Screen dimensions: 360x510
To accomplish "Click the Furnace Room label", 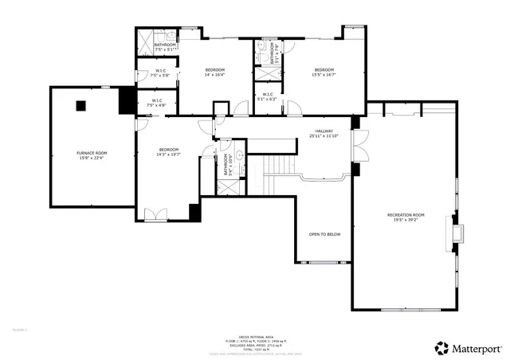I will (x=92, y=155).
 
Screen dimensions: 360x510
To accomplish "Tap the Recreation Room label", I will (x=406, y=217).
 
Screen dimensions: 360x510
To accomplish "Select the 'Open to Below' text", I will (x=324, y=234).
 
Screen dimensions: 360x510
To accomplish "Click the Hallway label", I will (x=324, y=134).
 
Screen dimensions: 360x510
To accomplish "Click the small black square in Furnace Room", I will (x=80, y=104).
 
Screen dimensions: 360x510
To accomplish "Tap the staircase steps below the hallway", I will (x=280, y=166).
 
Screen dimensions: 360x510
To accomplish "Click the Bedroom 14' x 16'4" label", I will (x=215, y=72).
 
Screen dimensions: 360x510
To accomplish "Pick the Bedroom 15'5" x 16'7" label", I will (x=324, y=72).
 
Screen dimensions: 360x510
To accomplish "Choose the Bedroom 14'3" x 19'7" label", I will (x=168, y=153).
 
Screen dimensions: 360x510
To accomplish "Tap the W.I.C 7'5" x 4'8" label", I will (x=157, y=103).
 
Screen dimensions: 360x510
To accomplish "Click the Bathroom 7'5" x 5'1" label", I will (x=165, y=47).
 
